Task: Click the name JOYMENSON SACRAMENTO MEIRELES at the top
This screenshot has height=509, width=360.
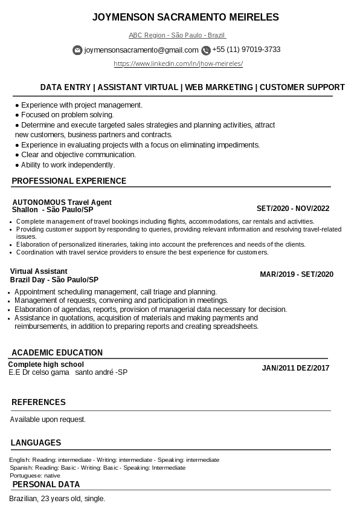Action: [x=185, y=18]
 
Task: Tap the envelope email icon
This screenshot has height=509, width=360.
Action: [x=77, y=50]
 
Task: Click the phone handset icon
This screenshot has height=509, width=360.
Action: [x=206, y=50]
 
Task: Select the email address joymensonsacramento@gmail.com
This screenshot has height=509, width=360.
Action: [x=141, y=50]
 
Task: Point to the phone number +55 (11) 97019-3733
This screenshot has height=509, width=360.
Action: [x=246, y=50]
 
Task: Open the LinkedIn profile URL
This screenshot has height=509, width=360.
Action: [x=178, y=63]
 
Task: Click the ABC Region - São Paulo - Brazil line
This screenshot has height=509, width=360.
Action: [x=177, y=35]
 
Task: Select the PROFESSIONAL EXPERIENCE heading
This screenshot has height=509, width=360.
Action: [x=69, y=181]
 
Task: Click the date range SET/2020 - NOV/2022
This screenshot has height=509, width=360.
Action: [x=293, y=209]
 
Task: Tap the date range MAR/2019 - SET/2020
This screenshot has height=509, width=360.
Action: [x=297, y=274]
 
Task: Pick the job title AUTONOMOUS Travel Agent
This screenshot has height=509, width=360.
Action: [x=62, y=202]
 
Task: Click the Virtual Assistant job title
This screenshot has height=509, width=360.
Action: [x=39, y=271]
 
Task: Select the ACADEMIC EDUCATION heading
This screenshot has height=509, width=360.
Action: [x=57, y=352]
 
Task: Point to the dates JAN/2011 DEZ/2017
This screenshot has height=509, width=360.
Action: [x=295, y=368]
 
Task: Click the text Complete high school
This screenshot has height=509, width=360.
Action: [x=46, y=365]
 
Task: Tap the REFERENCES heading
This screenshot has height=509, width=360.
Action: [x=39, y=402]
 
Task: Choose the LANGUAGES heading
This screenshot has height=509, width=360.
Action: [x=36, y=443]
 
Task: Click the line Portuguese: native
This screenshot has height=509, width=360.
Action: [x=34, y=476]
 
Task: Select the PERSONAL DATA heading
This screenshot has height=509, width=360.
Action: [x=46, y=484]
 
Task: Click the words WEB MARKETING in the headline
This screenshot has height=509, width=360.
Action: [x=219, y=87]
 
